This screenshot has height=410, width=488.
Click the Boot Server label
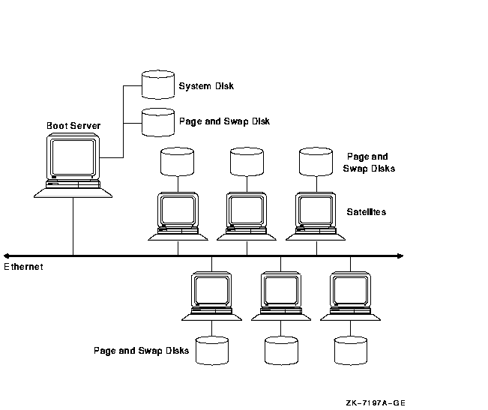(73, 125)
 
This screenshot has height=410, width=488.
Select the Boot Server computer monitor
(73, 157)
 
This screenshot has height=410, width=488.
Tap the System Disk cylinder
(157, 85)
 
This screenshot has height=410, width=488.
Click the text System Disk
(206, 86)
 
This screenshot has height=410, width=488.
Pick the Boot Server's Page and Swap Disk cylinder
(157, 121)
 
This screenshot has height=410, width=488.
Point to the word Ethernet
(23, 267)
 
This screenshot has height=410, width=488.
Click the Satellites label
(367, 212)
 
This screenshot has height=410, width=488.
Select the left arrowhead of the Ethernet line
(6, 256)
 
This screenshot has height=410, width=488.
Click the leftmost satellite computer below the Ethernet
(212, 293)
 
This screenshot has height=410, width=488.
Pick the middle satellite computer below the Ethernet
(281, 293)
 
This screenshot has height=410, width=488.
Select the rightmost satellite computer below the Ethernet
(350, 293)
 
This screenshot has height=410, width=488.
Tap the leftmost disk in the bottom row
(212, 350)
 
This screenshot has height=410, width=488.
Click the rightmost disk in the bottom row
(350, 350)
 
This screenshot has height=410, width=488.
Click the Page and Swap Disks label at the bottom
(140, 350)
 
